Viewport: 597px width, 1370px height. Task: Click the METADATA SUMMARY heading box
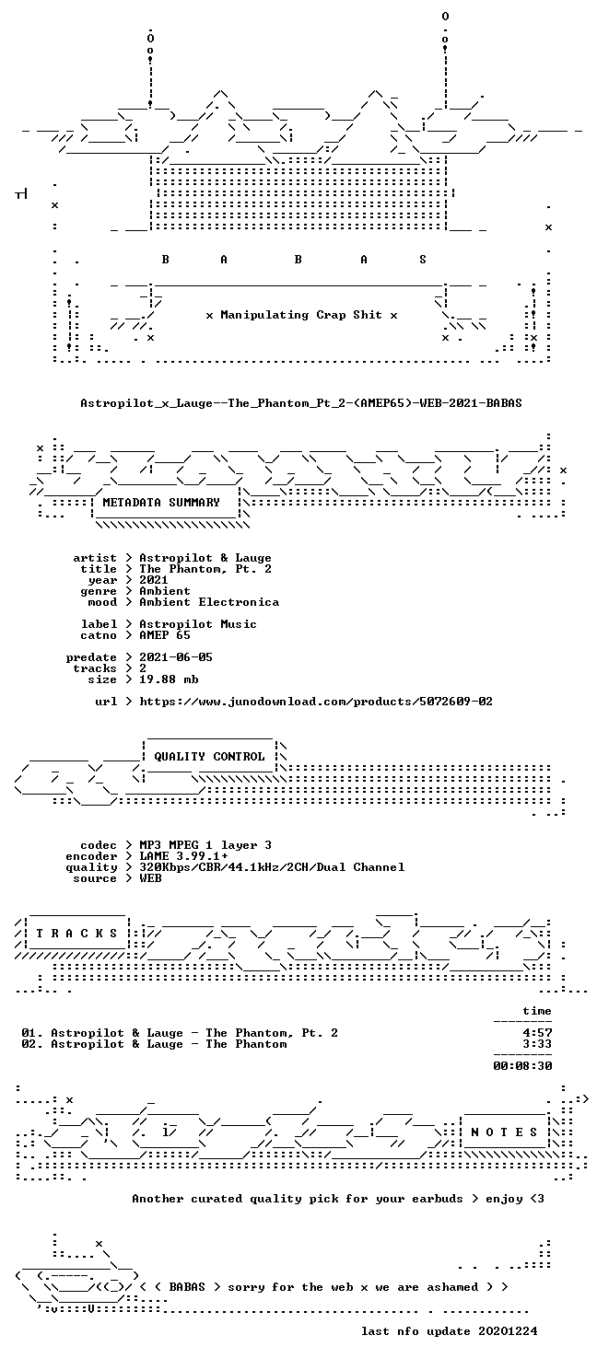pyautogui.click(x=161, y=503)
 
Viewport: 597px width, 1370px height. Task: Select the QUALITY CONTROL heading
pyautogui.click(x=209, y=757)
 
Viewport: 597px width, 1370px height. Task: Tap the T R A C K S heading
pyautogui.click(x=76, y=934)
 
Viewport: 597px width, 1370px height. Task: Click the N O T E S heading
pyautogui.click(x=504, y=1132)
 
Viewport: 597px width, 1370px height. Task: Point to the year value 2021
pyautogui.click(x=154, y=580)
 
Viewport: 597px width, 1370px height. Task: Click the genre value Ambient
pyautogui.click(x=165, y=591)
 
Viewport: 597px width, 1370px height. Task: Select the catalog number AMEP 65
pyautogui.click(x=165, y=635)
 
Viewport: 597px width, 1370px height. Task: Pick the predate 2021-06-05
pyautogui.click(x=176, y=656)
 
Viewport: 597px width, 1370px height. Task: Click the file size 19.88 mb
pyautogui.click(x=169, y=679)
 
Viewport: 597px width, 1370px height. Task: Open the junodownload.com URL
pyautogui.click(x=316, y=701)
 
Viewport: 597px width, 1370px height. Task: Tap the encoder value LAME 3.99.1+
pyautogui.click(x=183, y=856)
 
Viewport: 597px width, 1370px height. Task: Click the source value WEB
pyautogui.click(x=150, y=878)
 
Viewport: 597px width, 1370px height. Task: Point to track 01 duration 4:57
pyautogui.click(x=537, y=1033)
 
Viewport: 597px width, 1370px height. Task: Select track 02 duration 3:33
pyautogui.click(x=537, y=1044)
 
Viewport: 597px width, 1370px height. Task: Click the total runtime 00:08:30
pyautogui.click(x=522, y=1066)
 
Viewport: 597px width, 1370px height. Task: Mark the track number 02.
pyautogui.click(x=30, y=1044)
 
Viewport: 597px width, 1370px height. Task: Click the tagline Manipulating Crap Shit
pyautogui.click(x=301, y=315)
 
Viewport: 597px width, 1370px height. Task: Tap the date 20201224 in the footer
pyautogui.click(x=508, y=1331)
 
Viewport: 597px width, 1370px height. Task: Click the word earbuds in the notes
pyautogui.click(x=438, y=1199)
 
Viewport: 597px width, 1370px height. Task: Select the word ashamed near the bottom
pyautogui.click(x=451, y=1287)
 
